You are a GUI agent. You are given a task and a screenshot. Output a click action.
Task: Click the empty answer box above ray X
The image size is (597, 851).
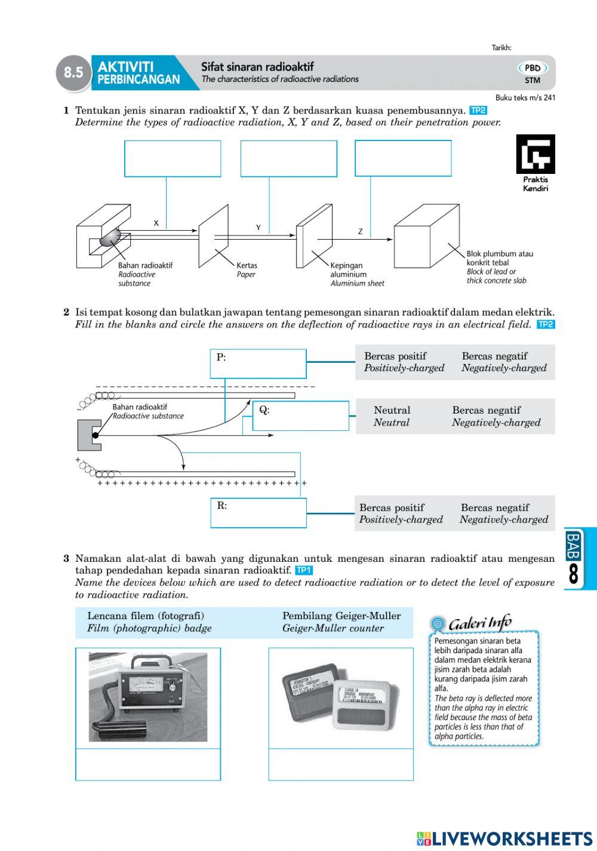173,158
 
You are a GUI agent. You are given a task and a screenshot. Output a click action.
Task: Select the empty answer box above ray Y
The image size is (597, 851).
288,158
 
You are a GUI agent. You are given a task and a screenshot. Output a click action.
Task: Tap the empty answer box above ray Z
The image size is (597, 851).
403,158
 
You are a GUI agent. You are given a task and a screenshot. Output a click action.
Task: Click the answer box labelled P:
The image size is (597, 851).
258,364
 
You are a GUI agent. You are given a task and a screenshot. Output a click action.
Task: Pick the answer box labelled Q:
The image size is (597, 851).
300,416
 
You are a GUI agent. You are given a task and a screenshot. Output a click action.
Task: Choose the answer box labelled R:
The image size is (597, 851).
258,513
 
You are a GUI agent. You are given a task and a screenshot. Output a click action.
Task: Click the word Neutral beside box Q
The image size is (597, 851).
392,410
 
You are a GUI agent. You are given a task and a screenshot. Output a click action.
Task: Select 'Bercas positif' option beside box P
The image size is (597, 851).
395,356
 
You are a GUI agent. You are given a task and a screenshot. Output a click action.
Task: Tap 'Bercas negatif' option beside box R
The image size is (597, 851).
495,507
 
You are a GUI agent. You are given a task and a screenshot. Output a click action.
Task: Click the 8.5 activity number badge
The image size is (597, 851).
73,72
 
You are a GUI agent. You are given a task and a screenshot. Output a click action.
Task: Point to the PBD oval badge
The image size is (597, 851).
533,68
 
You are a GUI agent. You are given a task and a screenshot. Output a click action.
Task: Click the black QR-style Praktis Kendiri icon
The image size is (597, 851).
536,154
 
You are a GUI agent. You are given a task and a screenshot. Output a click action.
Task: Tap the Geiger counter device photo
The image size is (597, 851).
148,697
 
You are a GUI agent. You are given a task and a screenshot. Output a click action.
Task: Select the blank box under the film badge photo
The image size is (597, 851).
340,764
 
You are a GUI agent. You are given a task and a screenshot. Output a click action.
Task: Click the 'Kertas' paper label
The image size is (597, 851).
247,265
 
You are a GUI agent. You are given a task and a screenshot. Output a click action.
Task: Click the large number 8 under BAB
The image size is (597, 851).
574,574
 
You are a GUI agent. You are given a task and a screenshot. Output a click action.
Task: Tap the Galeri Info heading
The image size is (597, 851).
479,623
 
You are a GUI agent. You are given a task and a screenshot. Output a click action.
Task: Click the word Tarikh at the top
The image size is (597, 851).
501,48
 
